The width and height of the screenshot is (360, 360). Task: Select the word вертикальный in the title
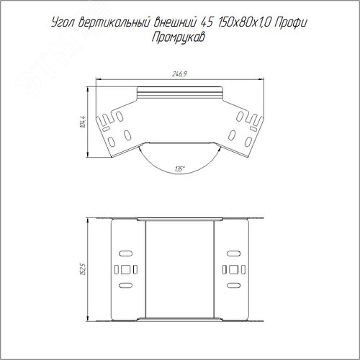tap(114, 23)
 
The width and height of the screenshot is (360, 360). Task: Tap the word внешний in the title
tap(175, 22)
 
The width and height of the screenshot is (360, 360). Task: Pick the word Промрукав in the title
tap(179, 38)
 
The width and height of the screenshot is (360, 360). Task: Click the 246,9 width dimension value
tap(179, 74)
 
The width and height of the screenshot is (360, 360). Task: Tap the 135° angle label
tap(180, 169)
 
